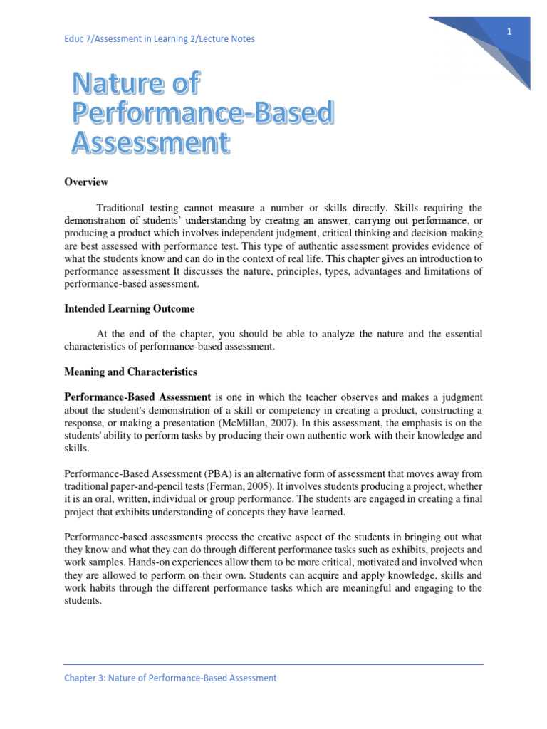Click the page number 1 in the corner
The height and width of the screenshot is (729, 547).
(x=509, y=31)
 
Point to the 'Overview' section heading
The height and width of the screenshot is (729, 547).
(x=86, y=182)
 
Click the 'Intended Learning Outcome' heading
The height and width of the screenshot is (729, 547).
(x=130, y=308)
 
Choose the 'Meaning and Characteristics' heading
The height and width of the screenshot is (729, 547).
(x=130, y=372)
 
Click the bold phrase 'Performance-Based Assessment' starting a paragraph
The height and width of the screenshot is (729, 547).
(x=137, y=397)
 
